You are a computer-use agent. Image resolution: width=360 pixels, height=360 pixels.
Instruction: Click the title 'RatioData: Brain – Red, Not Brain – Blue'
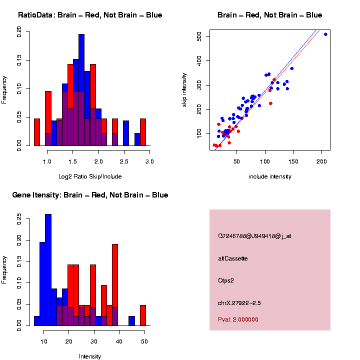coord(90,15)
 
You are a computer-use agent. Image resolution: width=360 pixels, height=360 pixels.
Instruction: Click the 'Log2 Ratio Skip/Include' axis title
coord(89,176)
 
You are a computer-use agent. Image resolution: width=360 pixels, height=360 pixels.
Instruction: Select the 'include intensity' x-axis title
coord(270,176)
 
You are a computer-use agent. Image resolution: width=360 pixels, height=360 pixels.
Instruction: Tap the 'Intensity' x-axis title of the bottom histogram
coord(90,356)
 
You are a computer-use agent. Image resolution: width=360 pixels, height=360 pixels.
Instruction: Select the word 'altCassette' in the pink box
coord(233,258)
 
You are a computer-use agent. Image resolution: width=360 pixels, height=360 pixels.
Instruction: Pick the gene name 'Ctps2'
coord(226,280)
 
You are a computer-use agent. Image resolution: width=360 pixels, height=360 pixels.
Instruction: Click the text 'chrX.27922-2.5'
coord(239,303)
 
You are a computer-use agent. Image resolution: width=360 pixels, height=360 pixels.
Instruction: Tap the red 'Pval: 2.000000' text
coord(238,319)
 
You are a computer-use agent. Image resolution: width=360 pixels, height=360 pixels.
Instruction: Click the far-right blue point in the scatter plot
coord(325,34)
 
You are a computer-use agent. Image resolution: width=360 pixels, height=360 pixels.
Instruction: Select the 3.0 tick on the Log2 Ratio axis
coord(149,162)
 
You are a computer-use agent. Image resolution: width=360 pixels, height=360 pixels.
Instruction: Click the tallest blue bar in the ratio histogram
coord(81,90)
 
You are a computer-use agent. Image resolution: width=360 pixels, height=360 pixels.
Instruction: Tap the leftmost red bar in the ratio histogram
coord(37,132)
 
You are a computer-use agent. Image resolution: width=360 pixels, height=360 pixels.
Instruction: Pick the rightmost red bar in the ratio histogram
coord(143,132)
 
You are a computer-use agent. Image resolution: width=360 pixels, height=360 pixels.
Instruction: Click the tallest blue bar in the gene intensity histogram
coord(48,270)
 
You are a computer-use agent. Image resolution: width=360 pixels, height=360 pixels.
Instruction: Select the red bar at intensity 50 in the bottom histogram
coord(143,315)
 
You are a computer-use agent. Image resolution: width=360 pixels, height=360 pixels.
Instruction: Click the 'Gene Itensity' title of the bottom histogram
coord(90,195)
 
